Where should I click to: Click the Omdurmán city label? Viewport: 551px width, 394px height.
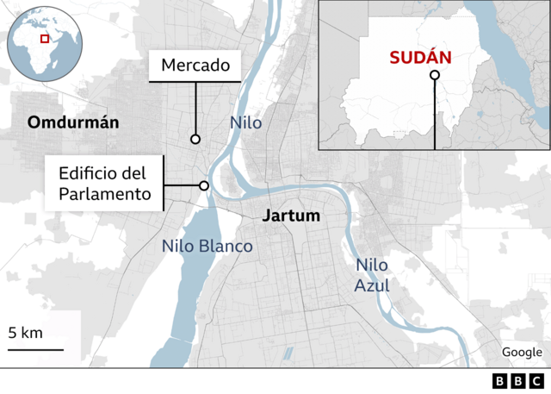[73, 122]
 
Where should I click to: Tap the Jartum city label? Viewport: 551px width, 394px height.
[290, 216]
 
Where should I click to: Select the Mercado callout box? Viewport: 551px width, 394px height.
[195, 65]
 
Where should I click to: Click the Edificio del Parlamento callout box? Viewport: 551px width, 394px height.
[104, 184]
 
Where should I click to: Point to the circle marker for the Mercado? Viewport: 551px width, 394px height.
[195, 139]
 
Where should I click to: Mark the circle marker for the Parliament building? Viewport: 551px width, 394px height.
[204, 185]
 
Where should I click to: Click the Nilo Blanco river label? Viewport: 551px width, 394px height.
[207, 246]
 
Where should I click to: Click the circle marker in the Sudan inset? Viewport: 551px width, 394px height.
[435, 76]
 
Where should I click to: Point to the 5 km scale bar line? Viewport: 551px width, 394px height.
[36, 349]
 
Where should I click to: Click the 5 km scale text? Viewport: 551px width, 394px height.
[26, 334]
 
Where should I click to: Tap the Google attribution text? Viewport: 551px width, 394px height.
[522, 352]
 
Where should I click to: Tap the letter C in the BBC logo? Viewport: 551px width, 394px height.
[536, 381]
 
